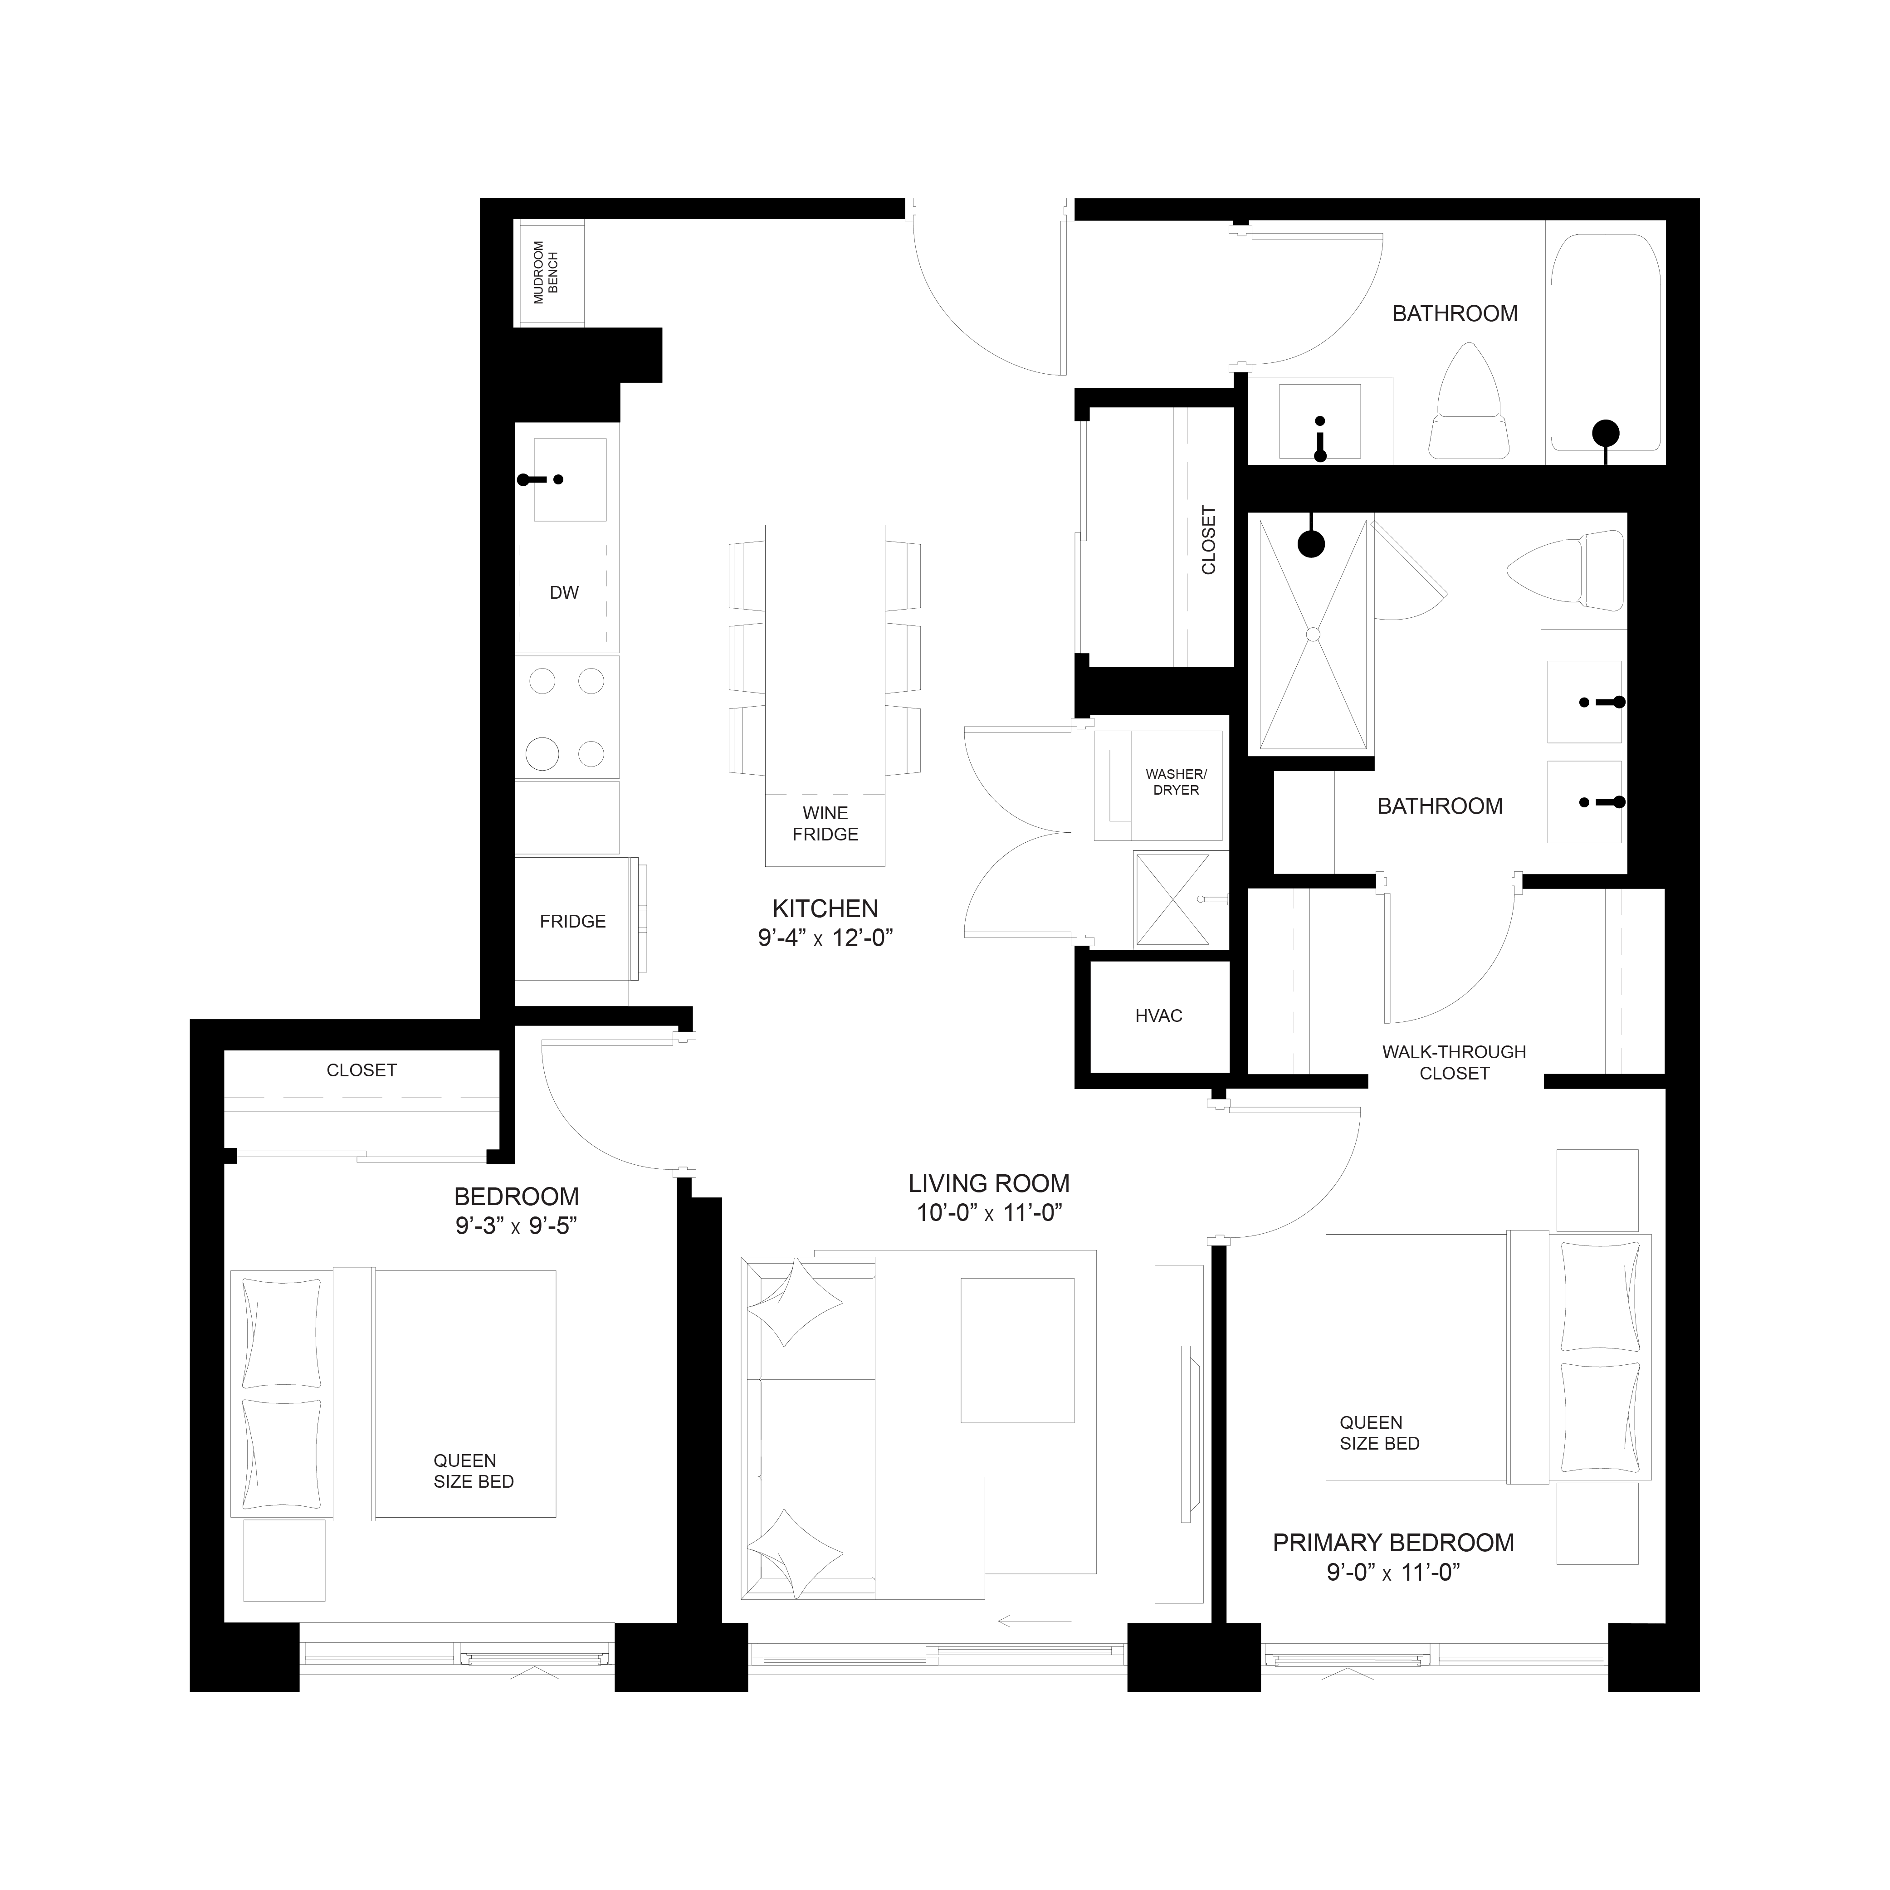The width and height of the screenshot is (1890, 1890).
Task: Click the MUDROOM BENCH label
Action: (546, 272)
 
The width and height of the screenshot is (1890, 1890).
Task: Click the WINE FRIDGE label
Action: (825, 824)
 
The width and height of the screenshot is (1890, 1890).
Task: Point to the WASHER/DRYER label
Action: (1176, 781)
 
